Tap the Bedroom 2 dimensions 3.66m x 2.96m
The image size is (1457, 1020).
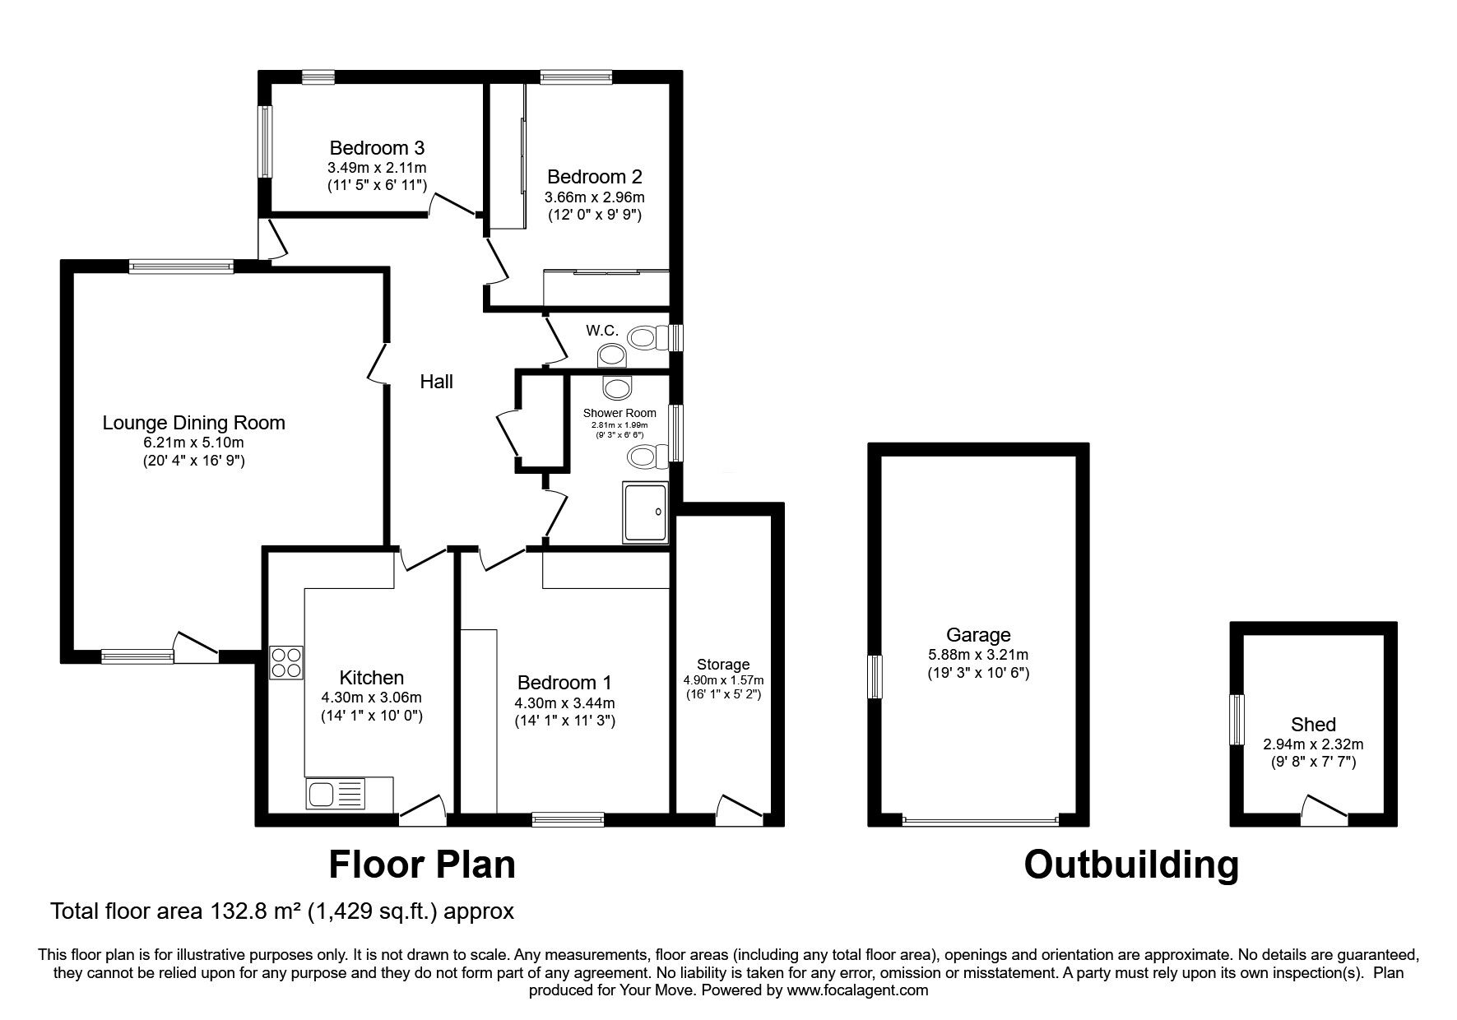point(594,197)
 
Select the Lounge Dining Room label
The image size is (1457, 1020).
point(193,423)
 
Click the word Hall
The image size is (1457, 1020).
point(436,382)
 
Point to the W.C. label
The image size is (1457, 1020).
point(602,331)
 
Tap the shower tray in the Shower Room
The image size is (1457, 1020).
point(645,512)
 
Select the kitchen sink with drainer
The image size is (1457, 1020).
point(335,795)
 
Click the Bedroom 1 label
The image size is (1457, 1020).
point(564,683)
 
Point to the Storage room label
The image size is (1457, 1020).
point(723,664)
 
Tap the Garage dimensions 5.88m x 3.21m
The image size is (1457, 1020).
point(978,656)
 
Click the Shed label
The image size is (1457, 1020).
point(1313,725)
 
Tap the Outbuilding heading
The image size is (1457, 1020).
point(1131,865)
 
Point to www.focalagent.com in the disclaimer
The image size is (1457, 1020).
point(858,990)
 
